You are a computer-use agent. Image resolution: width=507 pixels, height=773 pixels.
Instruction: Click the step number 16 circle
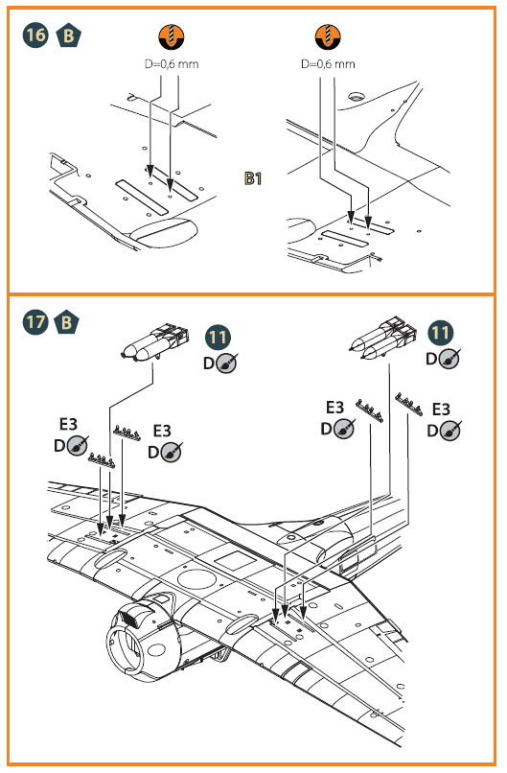point(35,35)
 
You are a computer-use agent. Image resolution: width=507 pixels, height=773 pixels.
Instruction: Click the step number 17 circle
point(35,322)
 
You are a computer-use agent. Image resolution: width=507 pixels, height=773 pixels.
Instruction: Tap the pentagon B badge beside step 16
point(68,36)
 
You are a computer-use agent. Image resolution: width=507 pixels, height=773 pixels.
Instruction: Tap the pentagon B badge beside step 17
point(66,323)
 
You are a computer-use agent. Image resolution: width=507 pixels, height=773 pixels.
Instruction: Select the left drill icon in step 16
point(171,36)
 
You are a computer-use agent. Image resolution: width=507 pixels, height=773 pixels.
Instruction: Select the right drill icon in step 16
point(328,36)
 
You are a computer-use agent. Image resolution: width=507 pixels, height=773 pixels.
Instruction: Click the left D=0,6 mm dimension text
point(172,64)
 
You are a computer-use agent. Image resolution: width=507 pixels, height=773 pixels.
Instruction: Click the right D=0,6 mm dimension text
point(328,64)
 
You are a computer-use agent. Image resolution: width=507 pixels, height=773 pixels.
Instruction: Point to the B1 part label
point(253,178)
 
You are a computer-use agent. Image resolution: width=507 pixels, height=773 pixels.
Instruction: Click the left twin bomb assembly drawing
point(155,341)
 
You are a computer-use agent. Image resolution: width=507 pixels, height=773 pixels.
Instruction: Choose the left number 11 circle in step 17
point(218,338)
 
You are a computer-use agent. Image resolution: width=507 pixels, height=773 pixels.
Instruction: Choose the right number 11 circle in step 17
point(441,333)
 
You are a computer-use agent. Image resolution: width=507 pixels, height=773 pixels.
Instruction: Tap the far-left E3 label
point(68,424)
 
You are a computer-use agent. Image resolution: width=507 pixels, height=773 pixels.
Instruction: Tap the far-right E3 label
point(441,410)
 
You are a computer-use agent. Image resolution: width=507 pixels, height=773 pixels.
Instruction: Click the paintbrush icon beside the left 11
point(226,363)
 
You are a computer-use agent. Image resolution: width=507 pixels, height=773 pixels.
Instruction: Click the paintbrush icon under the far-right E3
point(450,431)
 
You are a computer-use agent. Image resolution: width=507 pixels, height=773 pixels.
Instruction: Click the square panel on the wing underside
point(234,561)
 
